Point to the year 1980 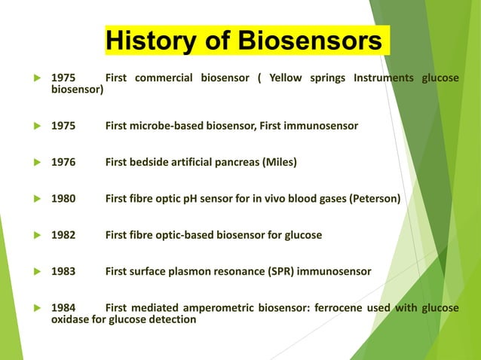click(63, 199)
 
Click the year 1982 click(63, 235)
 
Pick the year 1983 click(63, 271)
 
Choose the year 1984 click(63, 308)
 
